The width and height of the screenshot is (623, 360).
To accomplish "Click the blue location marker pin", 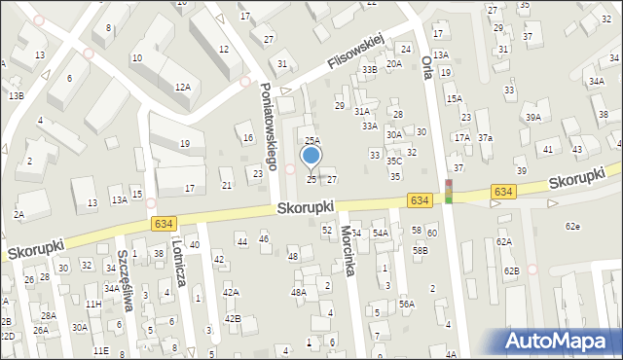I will click(311, 156).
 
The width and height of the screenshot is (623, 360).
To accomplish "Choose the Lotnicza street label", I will click(179, 262).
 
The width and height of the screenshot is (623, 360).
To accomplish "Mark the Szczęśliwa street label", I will click(124, 278).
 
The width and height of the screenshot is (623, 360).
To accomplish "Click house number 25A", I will click(312, 141).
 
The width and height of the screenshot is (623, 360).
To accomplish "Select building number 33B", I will click(369, 70).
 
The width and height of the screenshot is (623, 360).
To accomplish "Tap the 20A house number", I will click(393, 64).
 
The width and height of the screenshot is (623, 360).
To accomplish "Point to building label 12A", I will click(182, 88).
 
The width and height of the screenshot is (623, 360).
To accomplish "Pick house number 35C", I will click(394, 161).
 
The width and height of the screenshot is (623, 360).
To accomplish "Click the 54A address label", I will click(380, 234).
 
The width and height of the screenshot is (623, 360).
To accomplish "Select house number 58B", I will click(420, 250).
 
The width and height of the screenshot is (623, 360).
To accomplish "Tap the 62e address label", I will click(573, 227).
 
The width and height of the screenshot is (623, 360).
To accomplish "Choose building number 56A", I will click(406, 304).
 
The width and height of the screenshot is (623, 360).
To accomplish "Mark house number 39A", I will click(533, 118).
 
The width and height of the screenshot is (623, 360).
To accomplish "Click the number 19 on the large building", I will click(185, 144).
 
